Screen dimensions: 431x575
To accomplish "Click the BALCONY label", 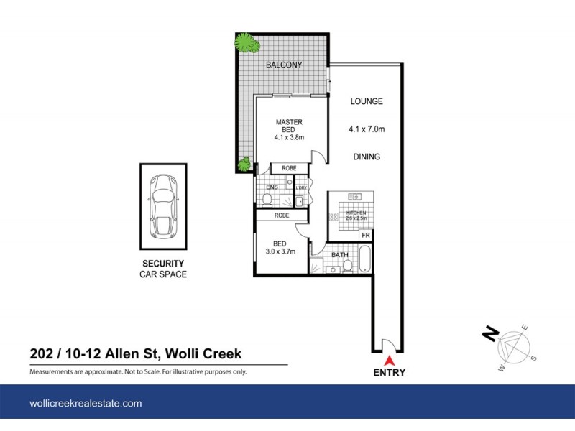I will (284, 65).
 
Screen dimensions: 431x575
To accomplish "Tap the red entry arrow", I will (389, 361).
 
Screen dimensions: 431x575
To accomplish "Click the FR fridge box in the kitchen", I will (365, 236).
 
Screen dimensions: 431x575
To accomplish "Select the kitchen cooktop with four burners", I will (356, 195).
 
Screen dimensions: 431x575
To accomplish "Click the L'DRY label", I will (300, 188).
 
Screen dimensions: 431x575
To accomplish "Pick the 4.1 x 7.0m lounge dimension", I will (366, 130).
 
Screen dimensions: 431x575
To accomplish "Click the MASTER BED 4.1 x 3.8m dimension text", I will (289, 137).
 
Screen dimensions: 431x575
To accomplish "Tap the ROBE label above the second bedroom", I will (281, 215).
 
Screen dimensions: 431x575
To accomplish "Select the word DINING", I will (366, 157).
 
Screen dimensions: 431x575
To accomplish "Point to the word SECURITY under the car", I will (162, 264).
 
